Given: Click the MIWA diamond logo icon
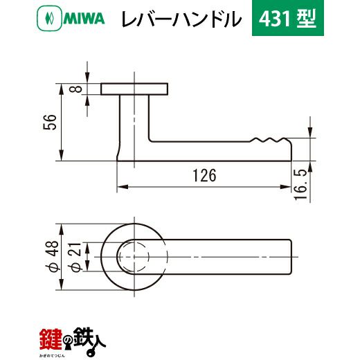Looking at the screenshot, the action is pyautogui.click(x=49, y=18).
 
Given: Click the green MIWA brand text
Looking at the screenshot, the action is pyautogui.click(x=84, y=19).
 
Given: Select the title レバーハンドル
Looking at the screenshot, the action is pyautogui.click(x=181, y=19).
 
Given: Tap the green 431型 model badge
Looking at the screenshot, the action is pyautogui.click(x=288, y=18).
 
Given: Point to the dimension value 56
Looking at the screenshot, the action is pyautogui.click(x=50, y=122).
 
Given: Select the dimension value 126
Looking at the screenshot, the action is pyautogui.click(x=204, y=175).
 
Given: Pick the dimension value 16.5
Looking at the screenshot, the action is pyautogui.click(x=301, y=185).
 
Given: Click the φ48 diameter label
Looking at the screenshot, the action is pyautogui.click(x=53, y=256).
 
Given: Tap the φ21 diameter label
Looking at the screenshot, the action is pyautogui.click(x=76, y=257).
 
